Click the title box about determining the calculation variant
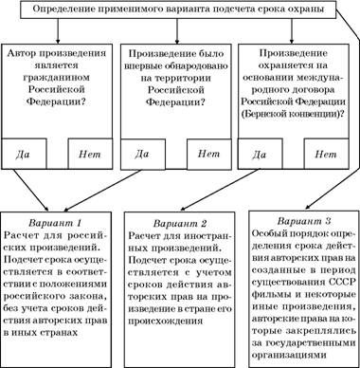pyautogui.click(x=179, y=11)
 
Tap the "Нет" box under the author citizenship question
pyautogui.click(x=89, y=152)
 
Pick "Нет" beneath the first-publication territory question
pyautogui.click(x=208, y=152)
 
